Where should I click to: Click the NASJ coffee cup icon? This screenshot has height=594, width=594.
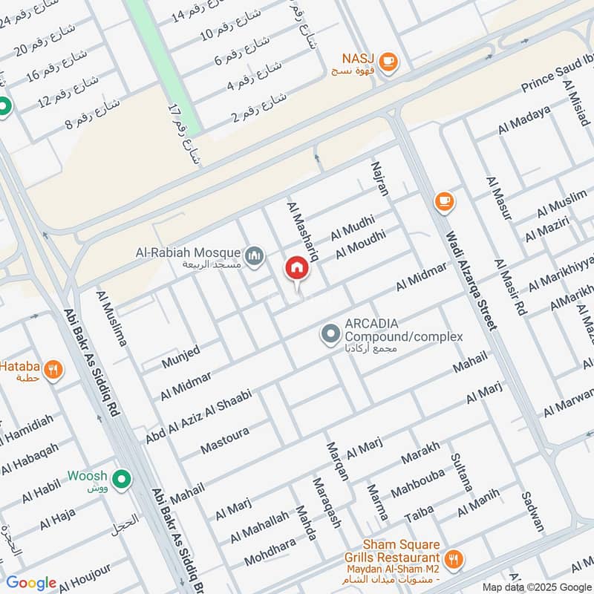click(x=388, y=65)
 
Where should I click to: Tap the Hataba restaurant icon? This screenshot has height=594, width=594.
click(x=53, y=369)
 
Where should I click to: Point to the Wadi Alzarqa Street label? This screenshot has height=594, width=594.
click(x=470, y=278)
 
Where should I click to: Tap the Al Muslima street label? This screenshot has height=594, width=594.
click(x=111, y=319)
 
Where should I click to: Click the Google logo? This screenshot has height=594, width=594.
click(x=30, y=582)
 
